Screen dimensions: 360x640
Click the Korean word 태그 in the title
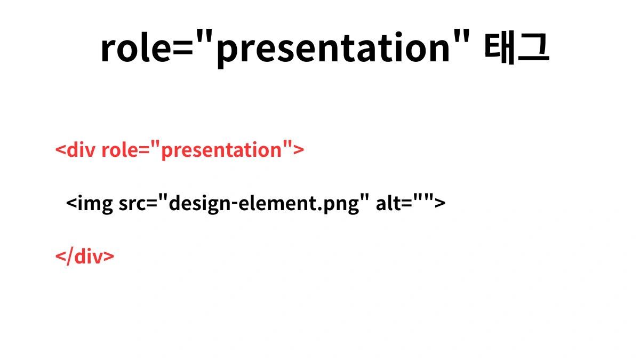516,49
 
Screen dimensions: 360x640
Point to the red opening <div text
75,150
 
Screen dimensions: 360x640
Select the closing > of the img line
439,204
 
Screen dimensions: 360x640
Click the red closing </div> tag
85,257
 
